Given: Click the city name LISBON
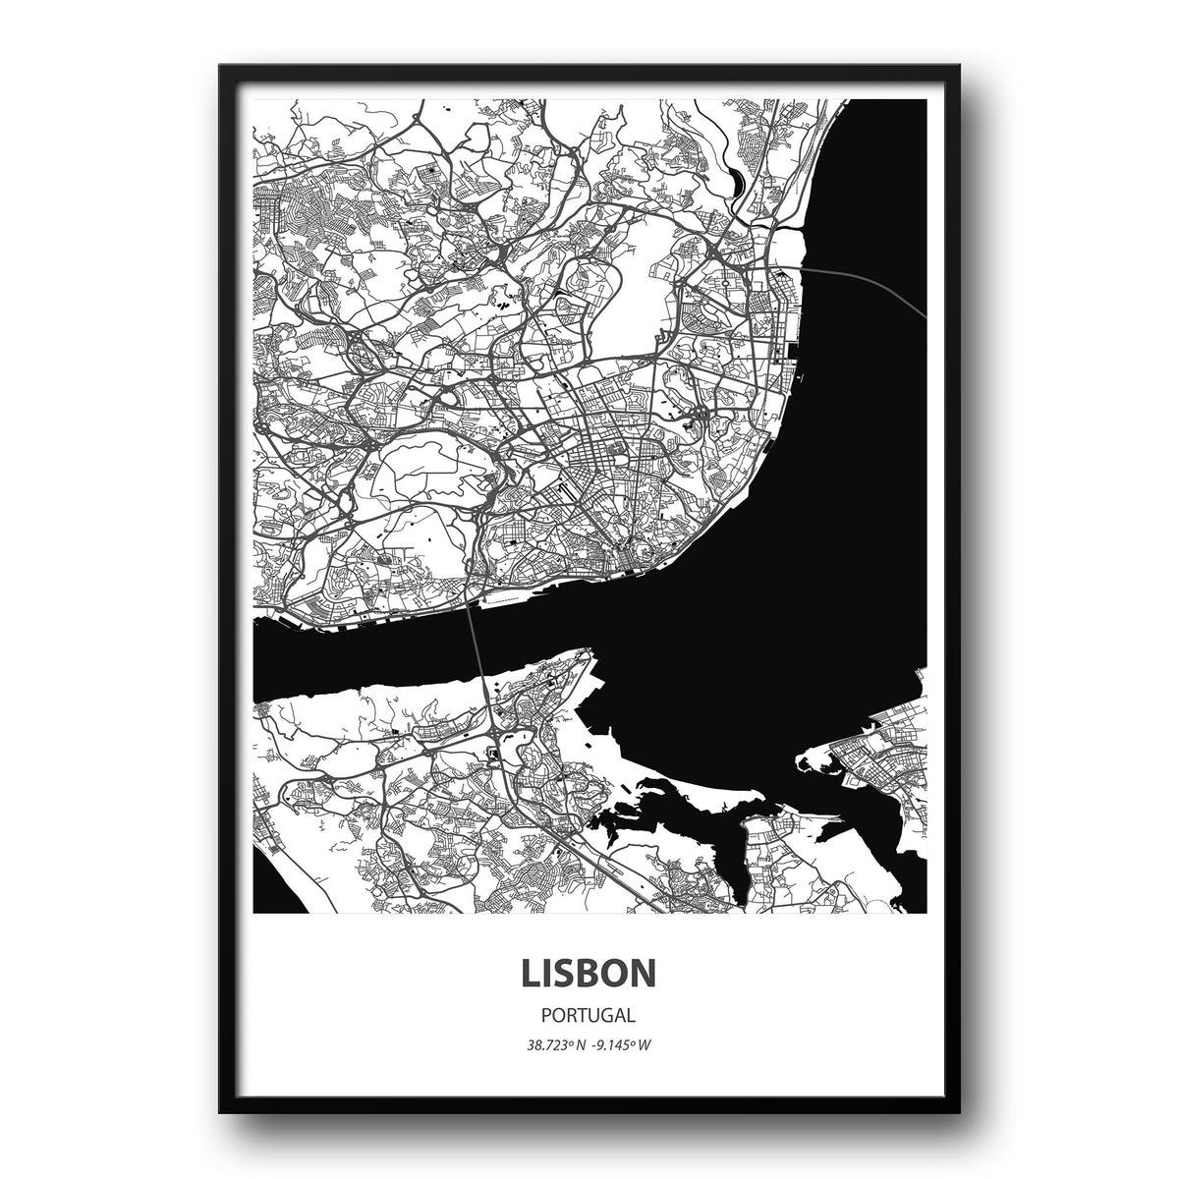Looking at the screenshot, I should click(x=589, y=972).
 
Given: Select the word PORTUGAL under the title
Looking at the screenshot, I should click(x=589, y=1015).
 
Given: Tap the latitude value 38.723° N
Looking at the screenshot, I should click(x=556, y=1044).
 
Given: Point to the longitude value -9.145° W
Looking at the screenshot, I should click(x=623, y=1044).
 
